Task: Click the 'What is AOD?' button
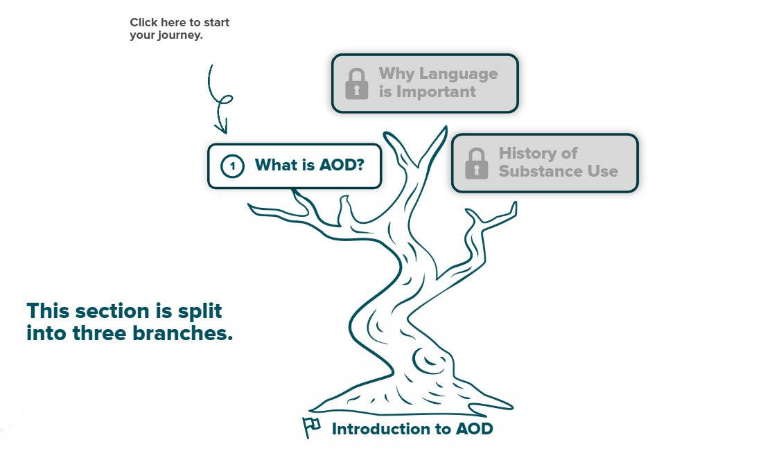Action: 295,166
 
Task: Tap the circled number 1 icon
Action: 233,166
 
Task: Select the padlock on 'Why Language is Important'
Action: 356,83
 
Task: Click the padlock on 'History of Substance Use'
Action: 476,163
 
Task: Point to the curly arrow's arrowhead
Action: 221,128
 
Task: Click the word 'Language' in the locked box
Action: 459,73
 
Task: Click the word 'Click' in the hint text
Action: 143,22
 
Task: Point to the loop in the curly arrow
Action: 225,101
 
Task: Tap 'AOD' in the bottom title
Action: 474,429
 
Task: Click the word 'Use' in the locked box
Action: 602,171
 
